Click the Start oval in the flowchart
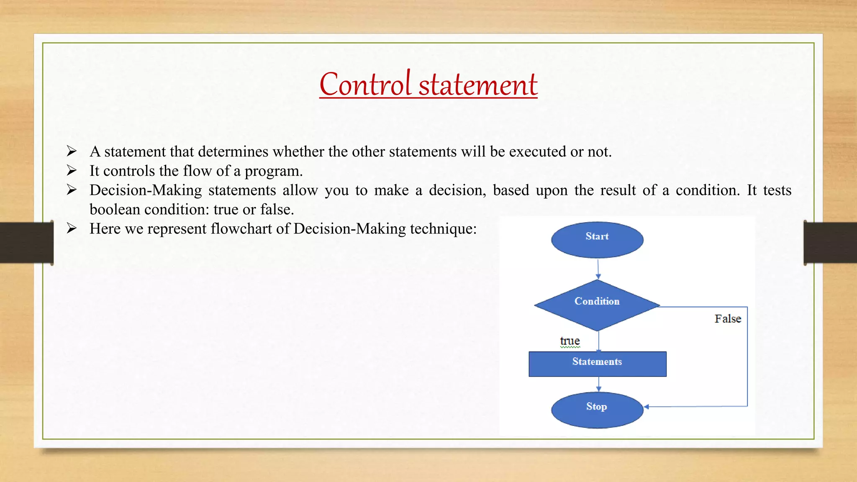(x=597, y=240)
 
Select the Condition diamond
(x=597, y=305)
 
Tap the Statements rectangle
(x=597, y=364)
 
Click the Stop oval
(x=597, y=410)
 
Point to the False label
(x=728, y=319)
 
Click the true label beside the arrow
(x=570, y=341)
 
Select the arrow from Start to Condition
(x=598, y=269)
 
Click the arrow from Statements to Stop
(x=598, y=384)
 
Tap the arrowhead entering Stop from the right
(x=647, y=407)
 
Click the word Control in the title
(x=365, y=85)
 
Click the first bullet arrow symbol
(x=72, y=151)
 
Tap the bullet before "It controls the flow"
(x=72, y=170)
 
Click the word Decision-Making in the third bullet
(x=146, y=190)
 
